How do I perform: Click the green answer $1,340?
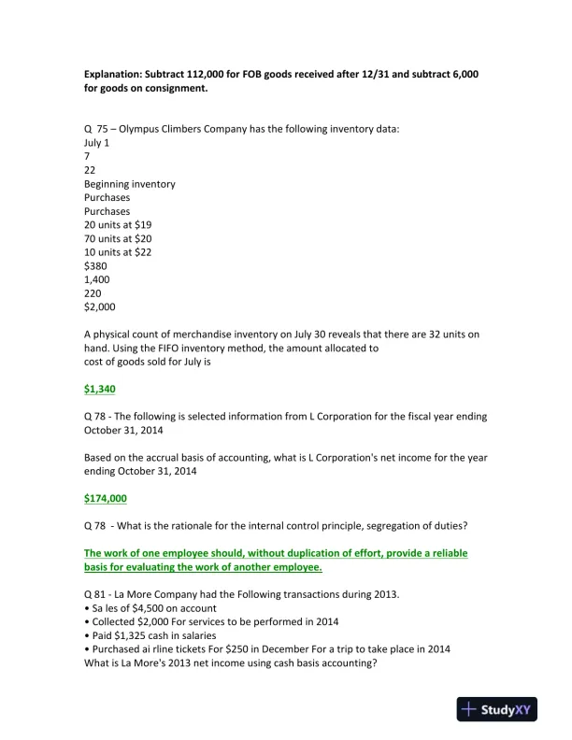(100, 388)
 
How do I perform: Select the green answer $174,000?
(106, 498)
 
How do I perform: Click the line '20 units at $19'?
(117, 225)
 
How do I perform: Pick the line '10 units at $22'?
(118, 252)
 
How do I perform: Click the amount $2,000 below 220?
(100, 306)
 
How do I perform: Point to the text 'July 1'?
(96, 143)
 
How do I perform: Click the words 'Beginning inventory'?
(129, 184)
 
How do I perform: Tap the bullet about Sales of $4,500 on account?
(150, 608)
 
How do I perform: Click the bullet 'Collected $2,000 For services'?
(210, 622)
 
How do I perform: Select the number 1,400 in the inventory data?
(98, 279)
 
